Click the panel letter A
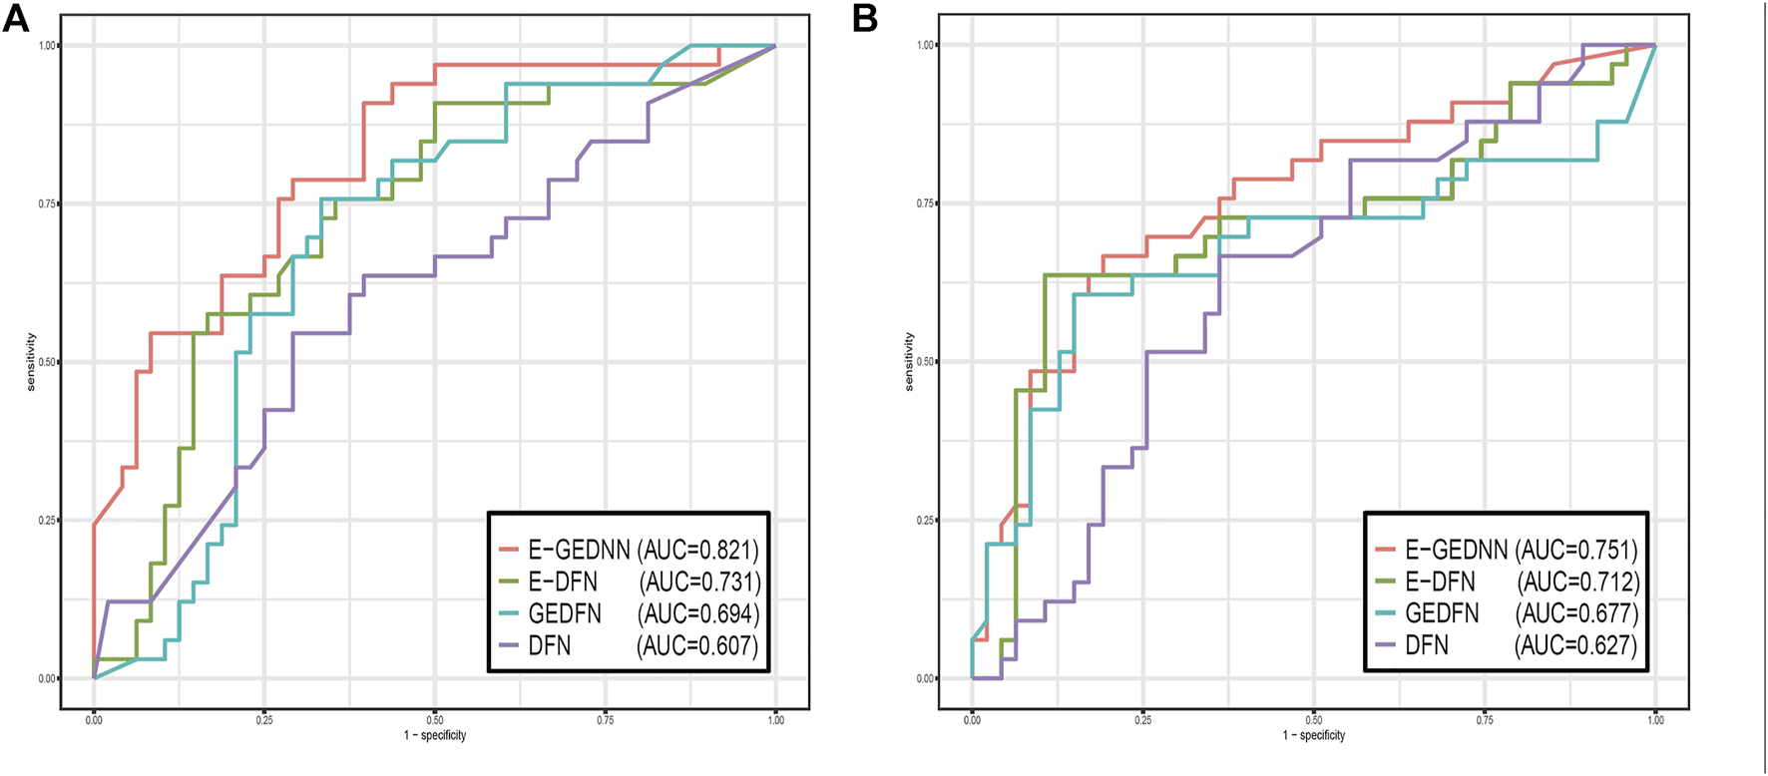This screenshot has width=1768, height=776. (x=15, y=18)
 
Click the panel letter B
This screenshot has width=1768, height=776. (x=865, y=18)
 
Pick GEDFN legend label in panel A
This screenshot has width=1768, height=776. (x=565, y=613)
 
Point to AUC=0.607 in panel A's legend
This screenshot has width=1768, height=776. (x=697, y=645)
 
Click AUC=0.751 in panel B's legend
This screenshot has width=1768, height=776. (x=1576, y=550)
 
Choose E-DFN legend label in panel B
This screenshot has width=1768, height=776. (x=1440, y=582)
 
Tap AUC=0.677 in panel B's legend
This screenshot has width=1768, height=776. (x=1576, y=613)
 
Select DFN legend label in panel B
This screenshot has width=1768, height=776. (x=1427, y=645)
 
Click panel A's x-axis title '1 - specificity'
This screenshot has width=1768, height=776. (x=434, y=736)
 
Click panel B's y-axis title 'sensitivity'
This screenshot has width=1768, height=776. (x=909, y=362)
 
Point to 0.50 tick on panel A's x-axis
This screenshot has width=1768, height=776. (x=434, y=719)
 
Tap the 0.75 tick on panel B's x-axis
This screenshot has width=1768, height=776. (x=1484, y=719)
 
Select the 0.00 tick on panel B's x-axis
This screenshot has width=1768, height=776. (x=972, y=719)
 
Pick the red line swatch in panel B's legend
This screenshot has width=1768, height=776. (x=1385, y=550)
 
